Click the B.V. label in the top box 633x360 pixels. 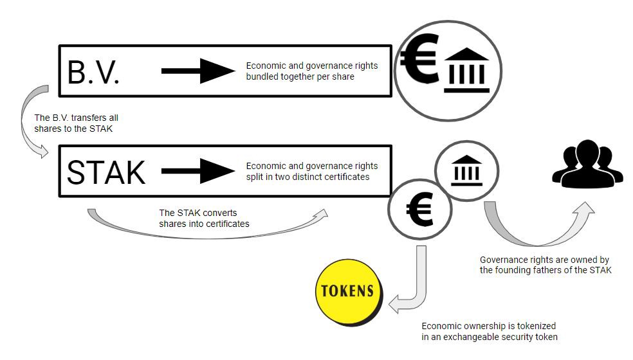[94, 73]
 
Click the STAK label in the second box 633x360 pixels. [107, 172]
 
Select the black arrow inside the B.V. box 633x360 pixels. [198, 71]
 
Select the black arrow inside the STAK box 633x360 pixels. [198, 170]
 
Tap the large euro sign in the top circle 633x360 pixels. [418, 59]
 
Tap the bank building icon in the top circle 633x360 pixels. [466, 70]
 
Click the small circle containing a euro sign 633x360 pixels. [419, 208]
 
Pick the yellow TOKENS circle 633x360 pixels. [348, 291]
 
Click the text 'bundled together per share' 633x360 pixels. [300, 77]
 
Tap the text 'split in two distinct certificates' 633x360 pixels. [307, 176]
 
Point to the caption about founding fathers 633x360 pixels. [545, 265]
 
